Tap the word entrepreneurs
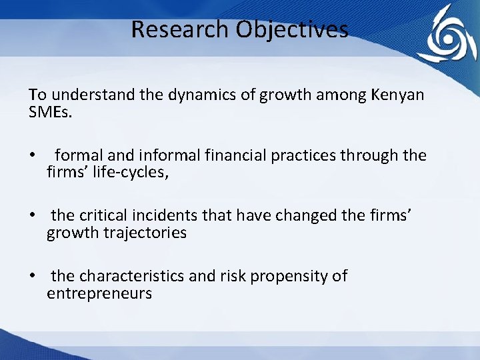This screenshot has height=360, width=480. click(99, 293)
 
